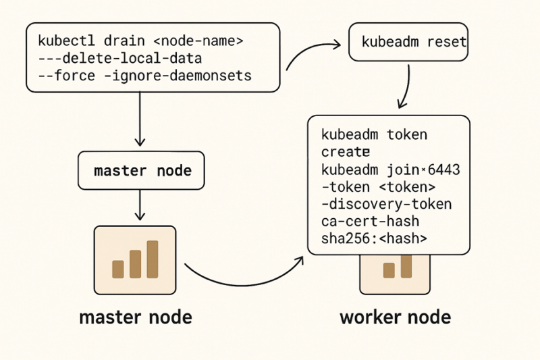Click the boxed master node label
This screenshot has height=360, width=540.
(142, 171)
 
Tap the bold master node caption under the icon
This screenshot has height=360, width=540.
(135, 317)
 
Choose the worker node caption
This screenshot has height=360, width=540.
(396, 317)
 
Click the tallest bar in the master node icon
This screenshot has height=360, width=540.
(152, 259)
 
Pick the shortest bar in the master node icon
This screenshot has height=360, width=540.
(118, 269)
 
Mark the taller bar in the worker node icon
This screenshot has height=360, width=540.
(406, 266)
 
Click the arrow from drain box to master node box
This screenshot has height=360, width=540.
(140, 118)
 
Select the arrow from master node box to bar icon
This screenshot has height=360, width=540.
(140, 205)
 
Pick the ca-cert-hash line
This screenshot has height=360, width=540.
(370, 221)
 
